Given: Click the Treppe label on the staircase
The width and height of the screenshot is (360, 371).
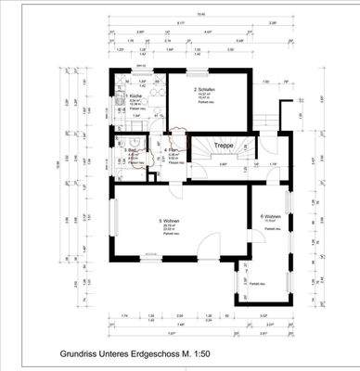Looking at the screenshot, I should pyautogui.click(x=223, y=146).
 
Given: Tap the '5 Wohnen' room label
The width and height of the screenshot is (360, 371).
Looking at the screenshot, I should pyautogui.click(x=171, y=221).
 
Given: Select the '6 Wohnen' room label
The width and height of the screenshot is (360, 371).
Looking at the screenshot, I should pyautogui.click(x=271, y=217).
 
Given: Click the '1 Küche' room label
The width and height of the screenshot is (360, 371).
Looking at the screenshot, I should pyautogui.click(x=135, y=96).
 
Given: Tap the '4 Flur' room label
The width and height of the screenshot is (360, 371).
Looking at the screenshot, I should pyautogui.click(x=171, y=148).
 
